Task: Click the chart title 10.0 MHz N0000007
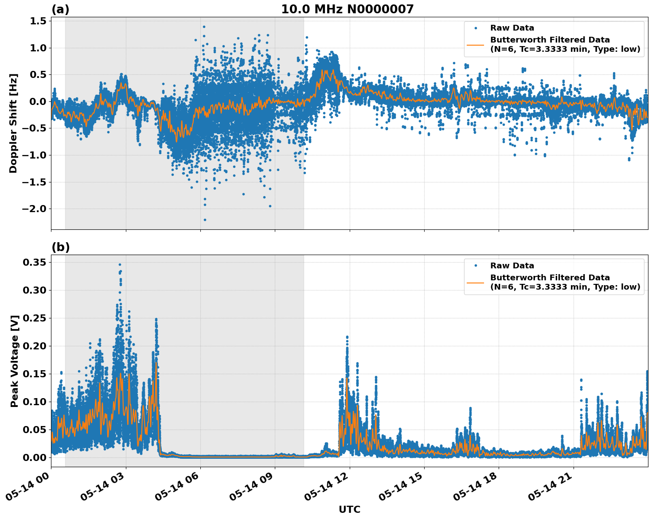pos(347,9)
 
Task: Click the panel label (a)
pos(60,9)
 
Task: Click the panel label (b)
pos(60,248)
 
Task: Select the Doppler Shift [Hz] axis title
pos(13,123)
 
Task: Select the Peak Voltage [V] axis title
pos(15,361)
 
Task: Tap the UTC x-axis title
pos(349,510)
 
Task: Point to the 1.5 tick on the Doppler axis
pos(37,21)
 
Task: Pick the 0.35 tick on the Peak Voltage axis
pos(34,263)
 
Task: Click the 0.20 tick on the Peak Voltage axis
pos(34,346)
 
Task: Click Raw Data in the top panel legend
pos(512,28)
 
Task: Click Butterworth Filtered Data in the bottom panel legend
pos(550,278)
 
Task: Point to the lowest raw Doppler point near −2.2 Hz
pos(205,220)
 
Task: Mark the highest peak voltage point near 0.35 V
pos(120,264)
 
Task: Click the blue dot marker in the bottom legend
pos(476,266)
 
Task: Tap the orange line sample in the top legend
pos(476,44)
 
